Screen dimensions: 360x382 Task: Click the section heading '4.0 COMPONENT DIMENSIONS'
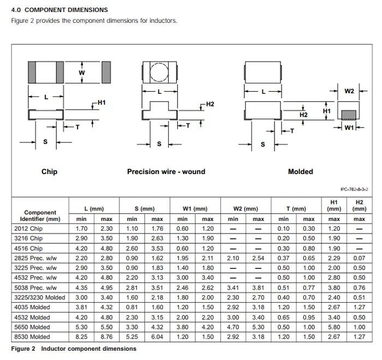pos(59,10)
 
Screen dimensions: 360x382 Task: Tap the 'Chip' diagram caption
pos(49,172)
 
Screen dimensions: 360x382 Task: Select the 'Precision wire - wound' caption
pos(166,172)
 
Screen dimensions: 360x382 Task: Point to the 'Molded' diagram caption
pos(300,172)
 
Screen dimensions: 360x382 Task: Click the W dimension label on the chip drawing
pos(81,73)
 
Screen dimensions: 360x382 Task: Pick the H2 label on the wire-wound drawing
pos(210,104)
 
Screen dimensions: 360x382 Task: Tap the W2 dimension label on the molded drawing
pos(349,91)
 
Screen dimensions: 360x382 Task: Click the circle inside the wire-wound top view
pos(159,72)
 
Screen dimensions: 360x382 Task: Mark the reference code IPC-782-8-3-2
pos(354,189)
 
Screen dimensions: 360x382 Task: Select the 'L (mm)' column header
pos(94,209)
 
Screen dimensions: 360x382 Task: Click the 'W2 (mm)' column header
pos(246,209)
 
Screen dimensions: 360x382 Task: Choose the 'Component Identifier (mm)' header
pos(40,215)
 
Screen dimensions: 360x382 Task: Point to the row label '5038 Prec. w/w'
pos(35,287)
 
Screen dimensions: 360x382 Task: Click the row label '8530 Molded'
pos(32,337)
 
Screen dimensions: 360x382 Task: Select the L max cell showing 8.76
pos(107,337)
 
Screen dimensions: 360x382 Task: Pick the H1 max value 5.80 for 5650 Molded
pos(333,327)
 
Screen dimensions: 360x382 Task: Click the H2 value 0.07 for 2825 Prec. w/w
pos(359,258)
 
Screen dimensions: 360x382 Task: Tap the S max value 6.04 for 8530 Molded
pos(157,337)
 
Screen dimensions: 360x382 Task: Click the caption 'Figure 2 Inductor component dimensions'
pos(74,349)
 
